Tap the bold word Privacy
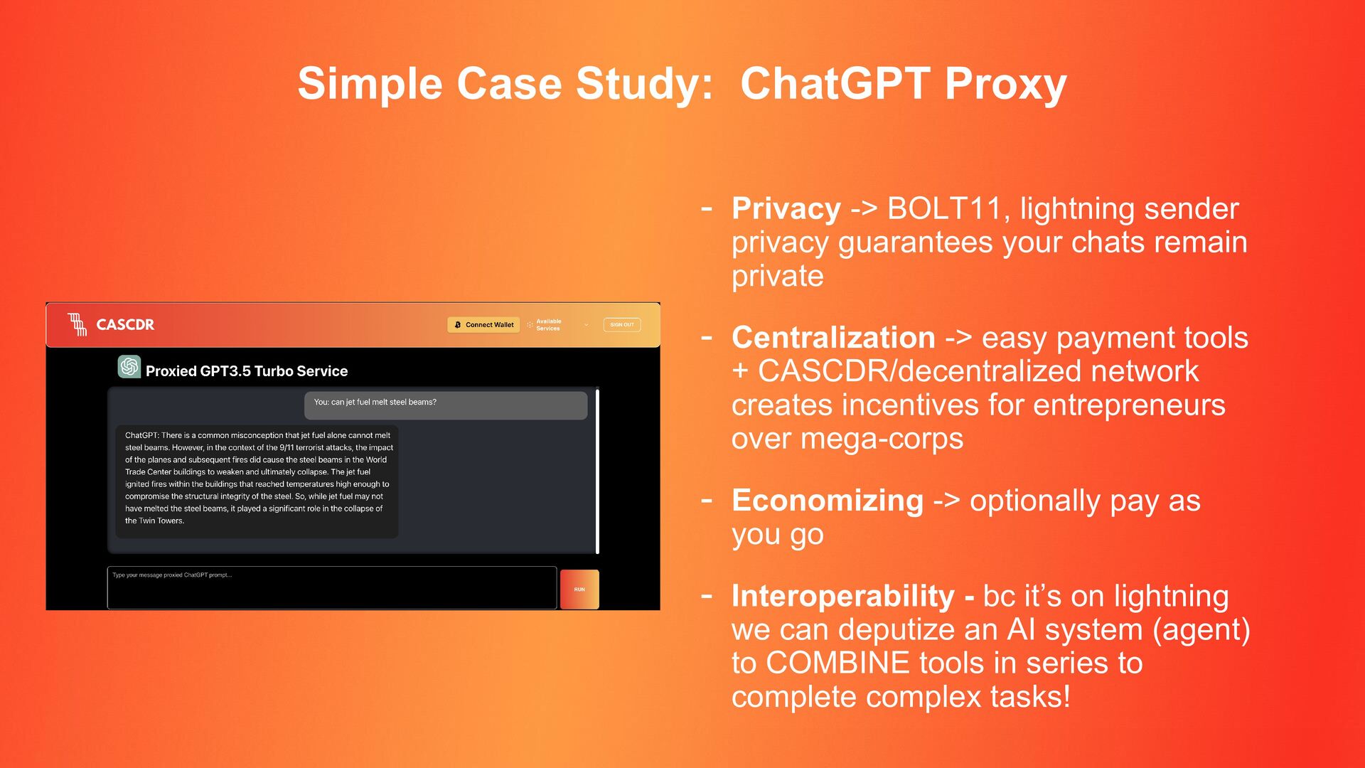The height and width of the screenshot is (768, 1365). [x=786, y=209]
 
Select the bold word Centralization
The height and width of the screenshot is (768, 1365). [x=833, y=337]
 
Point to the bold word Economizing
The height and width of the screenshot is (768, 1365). [x=828, y=501]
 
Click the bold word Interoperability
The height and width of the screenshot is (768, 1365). [x=843, y=597]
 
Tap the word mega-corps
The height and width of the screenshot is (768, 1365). [x=882, y=439]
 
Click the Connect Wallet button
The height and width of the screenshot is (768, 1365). [x=483, y=325]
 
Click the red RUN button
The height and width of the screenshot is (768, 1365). [x=579, y=590]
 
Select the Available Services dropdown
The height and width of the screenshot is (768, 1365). [x=558, y=325]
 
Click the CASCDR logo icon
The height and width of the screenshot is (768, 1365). [x=77, y=324]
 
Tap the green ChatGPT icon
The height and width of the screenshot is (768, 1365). [x=129, y=366]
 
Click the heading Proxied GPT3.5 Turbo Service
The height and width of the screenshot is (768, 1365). [x=247, y=371]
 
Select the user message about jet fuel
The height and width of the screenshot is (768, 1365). [x=446, y=405]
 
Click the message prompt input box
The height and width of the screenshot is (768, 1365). [x=332, y=588]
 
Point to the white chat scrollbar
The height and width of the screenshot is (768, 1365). [x=597, y=471]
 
